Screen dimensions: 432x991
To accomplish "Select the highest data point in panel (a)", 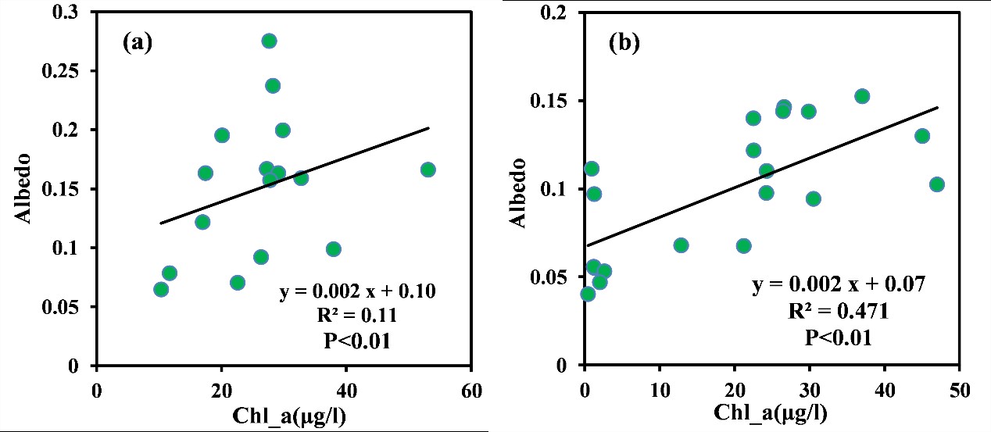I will (x=269, y=41).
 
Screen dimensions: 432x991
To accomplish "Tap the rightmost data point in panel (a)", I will (x=428, y=170).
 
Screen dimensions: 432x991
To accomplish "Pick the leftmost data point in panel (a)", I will (x=161, y=289).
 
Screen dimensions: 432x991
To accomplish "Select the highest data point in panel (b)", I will (x=862, y=96).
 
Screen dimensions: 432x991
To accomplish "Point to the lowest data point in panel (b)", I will (x=588, y=294).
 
